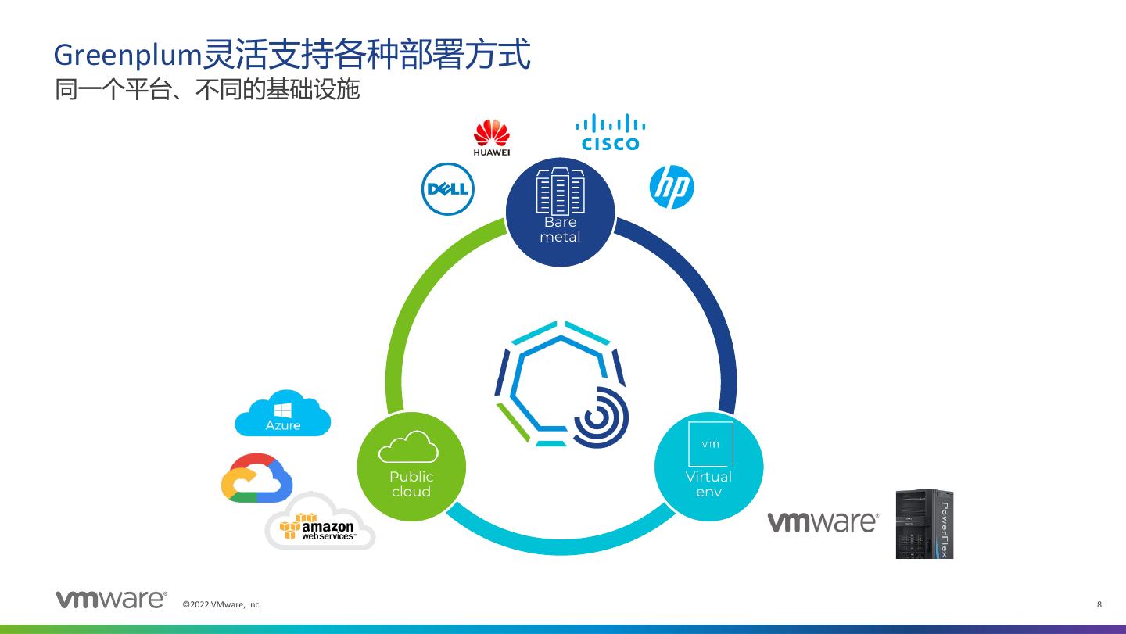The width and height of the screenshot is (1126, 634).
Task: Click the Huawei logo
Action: [491, 137]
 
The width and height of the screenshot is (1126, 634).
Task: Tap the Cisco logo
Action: [610, 133]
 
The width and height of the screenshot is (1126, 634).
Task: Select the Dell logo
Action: [448, 189]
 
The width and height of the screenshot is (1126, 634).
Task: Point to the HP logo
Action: [672, 188]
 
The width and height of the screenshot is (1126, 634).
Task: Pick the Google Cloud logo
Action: [256, 478]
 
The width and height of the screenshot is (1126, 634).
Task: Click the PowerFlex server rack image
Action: [924, 524]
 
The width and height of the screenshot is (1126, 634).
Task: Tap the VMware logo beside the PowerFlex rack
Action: [823, 522]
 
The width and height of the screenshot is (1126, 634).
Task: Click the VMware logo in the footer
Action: [111, 600]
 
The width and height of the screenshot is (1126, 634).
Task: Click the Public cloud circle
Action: [411, 467]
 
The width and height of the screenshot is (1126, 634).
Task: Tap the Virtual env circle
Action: [708, 467]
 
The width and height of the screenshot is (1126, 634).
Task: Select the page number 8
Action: [1099, 604]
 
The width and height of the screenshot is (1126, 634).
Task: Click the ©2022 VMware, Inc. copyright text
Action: [222, 604]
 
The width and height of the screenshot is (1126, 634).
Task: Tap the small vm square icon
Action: [710, 444]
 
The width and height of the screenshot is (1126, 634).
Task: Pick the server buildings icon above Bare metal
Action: [560, 191]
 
